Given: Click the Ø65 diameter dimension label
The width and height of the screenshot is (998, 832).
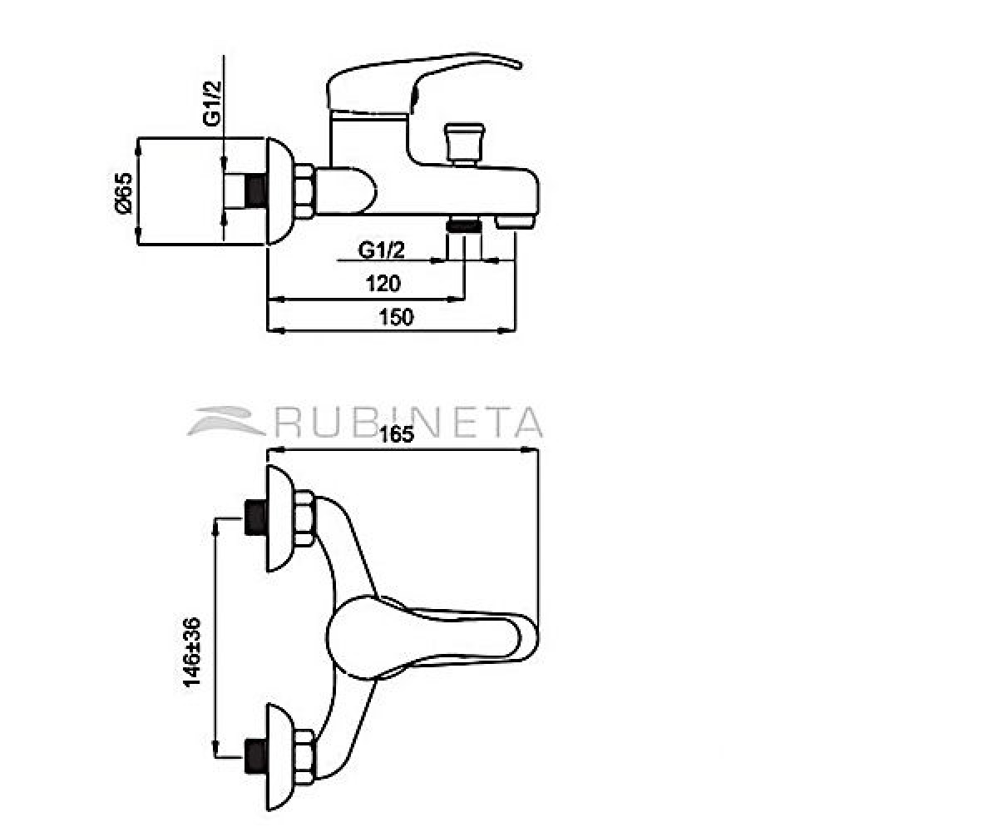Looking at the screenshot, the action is click(x=123, y=193).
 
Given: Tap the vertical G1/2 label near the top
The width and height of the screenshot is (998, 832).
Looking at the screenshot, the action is click(x=212, y=103).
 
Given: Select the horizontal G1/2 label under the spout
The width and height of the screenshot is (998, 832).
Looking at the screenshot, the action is click(x=381, y=250).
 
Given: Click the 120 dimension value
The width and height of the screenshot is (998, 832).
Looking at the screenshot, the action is click(x=383, y=284).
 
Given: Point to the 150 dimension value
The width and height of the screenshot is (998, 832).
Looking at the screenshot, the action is click(x=396, y=318).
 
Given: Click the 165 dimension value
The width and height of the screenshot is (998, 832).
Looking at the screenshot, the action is click(x=396, y=434).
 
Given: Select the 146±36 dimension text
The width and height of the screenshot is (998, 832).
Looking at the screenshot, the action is click(x=192, y=652).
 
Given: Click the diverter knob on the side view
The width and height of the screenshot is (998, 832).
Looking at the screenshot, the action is click(x=464, y=143).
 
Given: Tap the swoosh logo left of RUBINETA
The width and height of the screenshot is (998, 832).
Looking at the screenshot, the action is click(x=226, y=421).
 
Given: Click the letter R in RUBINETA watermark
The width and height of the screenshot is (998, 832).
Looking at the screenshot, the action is click(x=289, y=422).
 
